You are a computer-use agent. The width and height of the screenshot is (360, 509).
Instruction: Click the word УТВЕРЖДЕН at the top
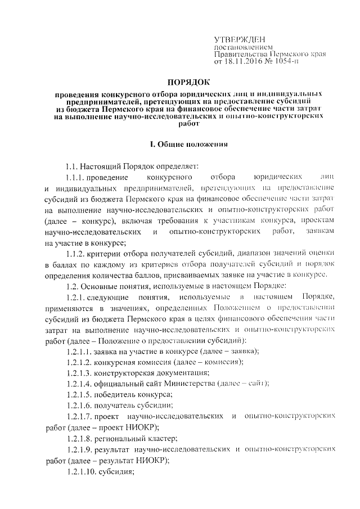236,40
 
